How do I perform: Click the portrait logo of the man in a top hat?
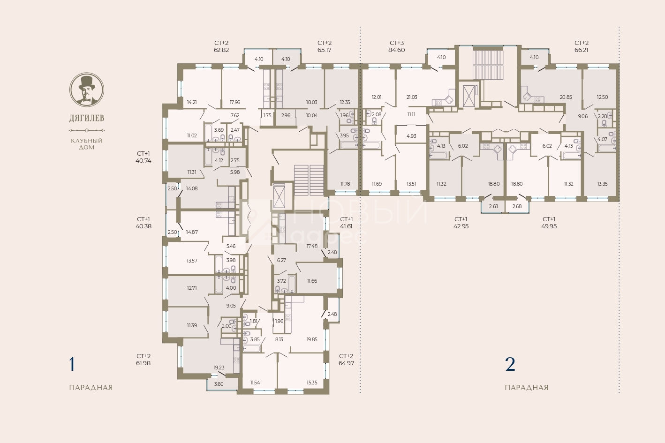click(87, 90)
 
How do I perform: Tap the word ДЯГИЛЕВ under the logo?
click(87, 118)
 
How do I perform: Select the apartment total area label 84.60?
click(397, 50)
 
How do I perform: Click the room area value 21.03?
click(412, 97)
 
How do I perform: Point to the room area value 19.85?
click(312, 339)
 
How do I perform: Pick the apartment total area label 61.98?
click(144, 363)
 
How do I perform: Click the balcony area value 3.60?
click(219, 384)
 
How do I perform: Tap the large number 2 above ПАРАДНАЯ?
click(510, 364)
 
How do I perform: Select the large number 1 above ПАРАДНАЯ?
click(72, 364)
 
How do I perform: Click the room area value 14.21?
click(192, 102)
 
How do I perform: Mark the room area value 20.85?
click(566, 97)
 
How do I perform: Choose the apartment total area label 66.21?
click(581, 50)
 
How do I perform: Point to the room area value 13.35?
click(602, 184)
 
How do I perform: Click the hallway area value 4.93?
click(411, 136)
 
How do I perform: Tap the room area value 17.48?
click(312, 246)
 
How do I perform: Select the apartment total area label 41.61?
click(347, 226)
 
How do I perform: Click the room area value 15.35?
click(312, 383)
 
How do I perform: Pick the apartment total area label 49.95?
click(549, 226)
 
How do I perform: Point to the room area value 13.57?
click(192, 261)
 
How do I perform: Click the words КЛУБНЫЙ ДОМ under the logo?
click(87, 144)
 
